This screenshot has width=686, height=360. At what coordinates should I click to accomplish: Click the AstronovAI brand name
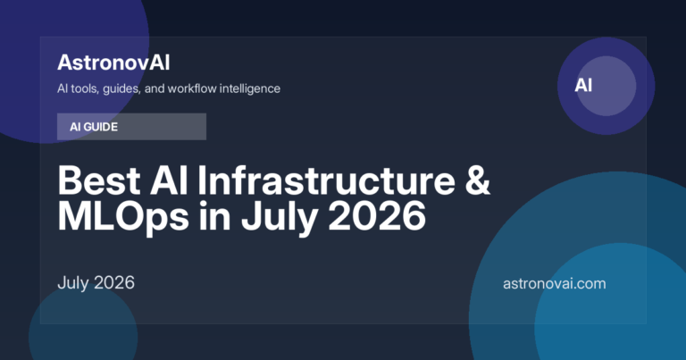tap(113, 63)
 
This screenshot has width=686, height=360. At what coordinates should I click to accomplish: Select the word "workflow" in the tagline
tap(192, 88)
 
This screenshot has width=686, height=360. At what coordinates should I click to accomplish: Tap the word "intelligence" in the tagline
tap(250, 88)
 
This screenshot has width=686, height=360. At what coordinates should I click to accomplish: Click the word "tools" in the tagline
tap(86, 88)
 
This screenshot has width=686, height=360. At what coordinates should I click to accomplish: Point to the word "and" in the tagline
tap(154, 88)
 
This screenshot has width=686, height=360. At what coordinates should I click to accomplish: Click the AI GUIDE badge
tap(131, 127)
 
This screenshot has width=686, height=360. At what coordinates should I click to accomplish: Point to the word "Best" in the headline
tap(99, 180)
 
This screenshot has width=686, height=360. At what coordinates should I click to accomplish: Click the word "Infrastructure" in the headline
tap(326, 180)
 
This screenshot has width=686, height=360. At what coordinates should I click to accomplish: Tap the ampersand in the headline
tap(477, 180)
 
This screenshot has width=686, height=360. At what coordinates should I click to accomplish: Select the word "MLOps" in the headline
tap(123, 217)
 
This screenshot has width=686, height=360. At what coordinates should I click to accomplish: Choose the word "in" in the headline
tap(214, 216)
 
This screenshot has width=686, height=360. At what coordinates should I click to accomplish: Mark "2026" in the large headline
tap(377, 216)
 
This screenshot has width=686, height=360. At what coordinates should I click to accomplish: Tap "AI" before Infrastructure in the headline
tap(169, 180)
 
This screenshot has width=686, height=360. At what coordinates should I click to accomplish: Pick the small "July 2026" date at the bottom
tap(96, 283)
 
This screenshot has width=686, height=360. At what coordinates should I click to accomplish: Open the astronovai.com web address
tap(555, 283)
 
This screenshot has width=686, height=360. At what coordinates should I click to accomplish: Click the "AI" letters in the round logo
tap(583, 85)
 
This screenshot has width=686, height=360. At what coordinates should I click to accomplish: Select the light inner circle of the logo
tap(607, 86)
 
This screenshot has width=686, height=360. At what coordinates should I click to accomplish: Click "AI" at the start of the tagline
tap(63, 88)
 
